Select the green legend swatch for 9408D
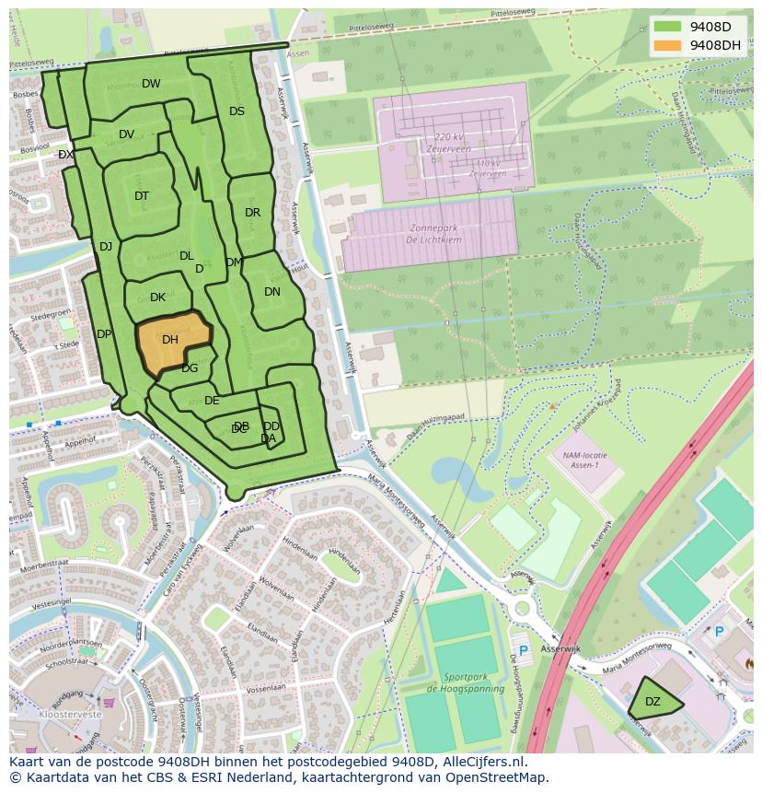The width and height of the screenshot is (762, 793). click(x=668, y=27)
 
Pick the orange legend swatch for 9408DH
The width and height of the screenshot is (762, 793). click(x=668, y=45)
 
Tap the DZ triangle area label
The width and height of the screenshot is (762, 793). click(x=652, y=702)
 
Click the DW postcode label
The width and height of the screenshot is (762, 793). click(x=151, y=84)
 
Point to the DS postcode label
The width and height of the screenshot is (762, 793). click(x=237, y=111)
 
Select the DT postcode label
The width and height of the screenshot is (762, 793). click(x=142, y=196)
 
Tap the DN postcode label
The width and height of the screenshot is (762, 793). click(x=272, y=292)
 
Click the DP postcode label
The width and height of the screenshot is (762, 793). click(x=104, y=334)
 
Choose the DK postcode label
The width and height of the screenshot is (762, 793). click(x=157, y=297)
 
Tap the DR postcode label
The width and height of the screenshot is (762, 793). click(x=253, y=213)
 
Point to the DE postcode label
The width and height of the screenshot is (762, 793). click(x=212, y=401)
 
